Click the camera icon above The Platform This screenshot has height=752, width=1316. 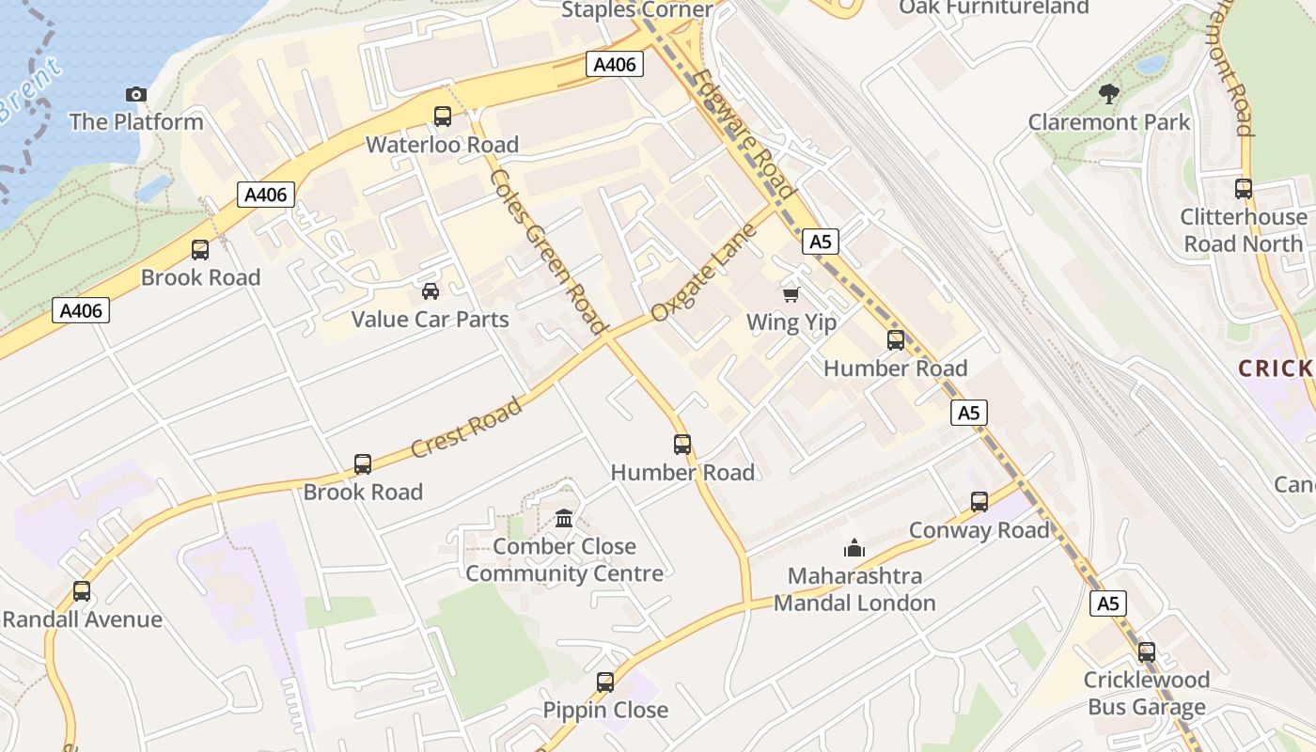(136, 94)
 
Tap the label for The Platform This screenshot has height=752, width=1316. (136, 121)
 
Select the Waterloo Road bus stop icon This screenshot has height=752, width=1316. (442, 117)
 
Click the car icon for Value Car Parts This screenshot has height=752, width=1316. (431, 291)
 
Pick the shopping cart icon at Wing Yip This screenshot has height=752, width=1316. (791, 295)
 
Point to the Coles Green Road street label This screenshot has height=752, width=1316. (546, 251)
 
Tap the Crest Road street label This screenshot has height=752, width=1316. (466, 429)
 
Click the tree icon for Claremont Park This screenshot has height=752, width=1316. (1109, 93)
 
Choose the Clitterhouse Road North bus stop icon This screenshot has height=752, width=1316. (1244, 188)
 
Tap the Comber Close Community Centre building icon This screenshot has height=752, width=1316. (564, 518)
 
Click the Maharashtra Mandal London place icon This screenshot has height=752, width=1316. (854, 547)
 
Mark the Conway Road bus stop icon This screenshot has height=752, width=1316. (979, 502)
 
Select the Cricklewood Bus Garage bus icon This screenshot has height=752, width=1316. (1146, 651)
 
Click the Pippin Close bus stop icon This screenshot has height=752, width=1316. (605, 682)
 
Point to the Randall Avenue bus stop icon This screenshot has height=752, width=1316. (82, 591)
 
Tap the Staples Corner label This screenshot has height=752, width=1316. (637, 9)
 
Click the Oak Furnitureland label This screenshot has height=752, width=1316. (994, 8)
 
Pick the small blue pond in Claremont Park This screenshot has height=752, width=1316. (1149, 65)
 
